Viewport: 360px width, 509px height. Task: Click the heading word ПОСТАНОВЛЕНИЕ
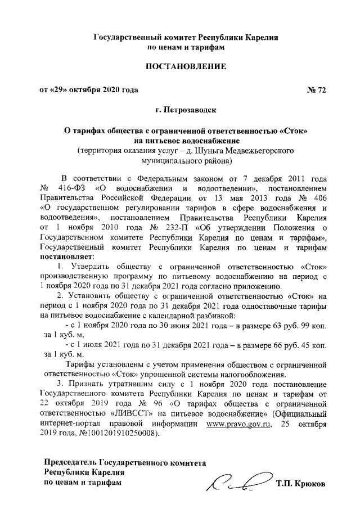(x=186, y=67)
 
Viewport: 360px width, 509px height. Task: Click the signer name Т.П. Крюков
(x=300, y=484)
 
